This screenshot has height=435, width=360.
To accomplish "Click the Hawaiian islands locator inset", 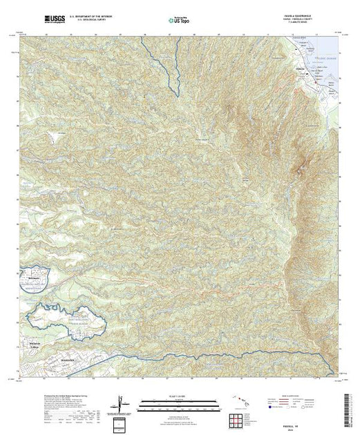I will [x=239, y=401].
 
